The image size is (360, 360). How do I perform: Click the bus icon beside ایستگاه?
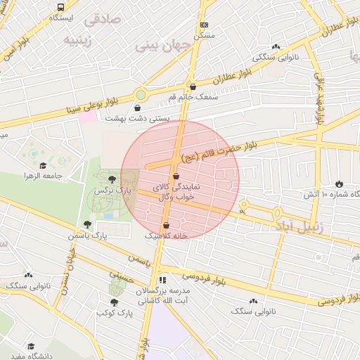click(x=61, y=7)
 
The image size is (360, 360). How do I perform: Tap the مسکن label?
click(x=204, y=34)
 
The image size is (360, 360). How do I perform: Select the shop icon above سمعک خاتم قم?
click(x=193, y=86)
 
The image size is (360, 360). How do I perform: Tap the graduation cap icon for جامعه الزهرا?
click(x=43, y=165)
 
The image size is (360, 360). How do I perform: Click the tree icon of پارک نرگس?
click(x=112, y=179)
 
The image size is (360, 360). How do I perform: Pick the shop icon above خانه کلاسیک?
click(x=166, y=225)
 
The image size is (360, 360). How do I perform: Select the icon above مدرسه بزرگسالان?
click(x=163, y=280)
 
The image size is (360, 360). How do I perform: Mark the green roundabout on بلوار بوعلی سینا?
click(x=141, y=94)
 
